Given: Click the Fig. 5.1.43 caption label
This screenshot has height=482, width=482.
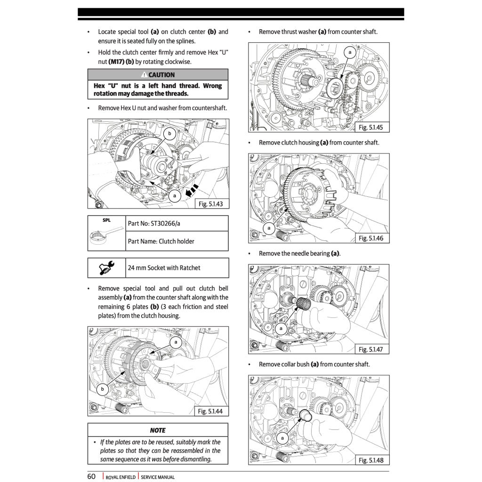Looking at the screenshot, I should pos(210,204).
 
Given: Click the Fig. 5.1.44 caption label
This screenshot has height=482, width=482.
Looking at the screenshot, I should pos(210,411).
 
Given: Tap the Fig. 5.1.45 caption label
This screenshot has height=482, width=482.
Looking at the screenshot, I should pos(371,128).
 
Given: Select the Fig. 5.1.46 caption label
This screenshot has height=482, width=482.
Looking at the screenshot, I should pos(371,238).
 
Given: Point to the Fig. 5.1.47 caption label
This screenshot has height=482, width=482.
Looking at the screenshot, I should pos(371,349).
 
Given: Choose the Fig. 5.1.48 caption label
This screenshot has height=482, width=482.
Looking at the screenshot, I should pos(371,460).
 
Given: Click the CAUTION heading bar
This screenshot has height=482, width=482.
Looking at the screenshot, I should pos(158,75).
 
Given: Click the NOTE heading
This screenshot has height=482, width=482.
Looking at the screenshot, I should pos(158,430).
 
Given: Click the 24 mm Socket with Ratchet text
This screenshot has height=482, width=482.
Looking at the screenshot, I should pos(164,268).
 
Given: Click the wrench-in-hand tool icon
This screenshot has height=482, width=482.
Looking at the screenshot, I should pos(106,268).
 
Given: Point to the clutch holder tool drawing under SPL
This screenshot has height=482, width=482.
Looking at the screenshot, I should pos(105,235).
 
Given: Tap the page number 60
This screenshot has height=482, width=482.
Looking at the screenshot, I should pos(91,476).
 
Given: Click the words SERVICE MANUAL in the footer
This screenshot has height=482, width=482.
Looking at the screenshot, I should pos(158,477).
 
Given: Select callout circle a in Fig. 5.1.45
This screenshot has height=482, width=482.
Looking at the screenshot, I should pos(350,53).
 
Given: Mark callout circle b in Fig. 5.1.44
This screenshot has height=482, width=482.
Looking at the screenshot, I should pos(102,389).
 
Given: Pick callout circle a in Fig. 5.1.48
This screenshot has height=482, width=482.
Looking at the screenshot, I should pos(282,438).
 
